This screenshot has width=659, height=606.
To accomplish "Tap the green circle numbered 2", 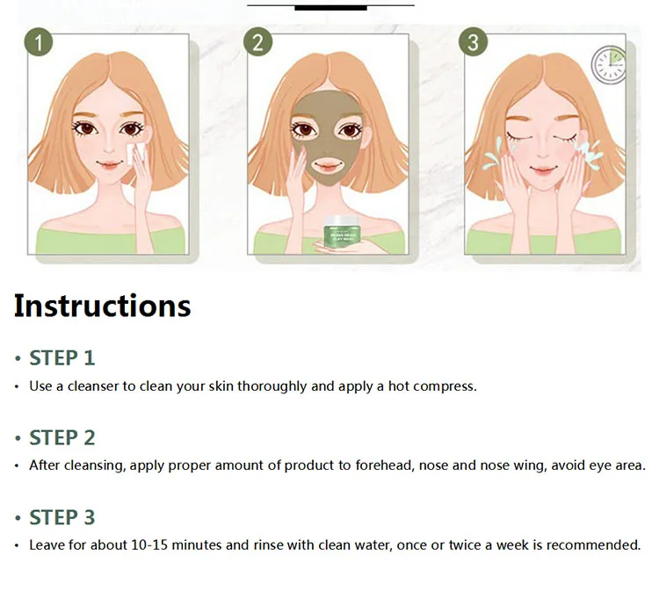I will tap(258, 41).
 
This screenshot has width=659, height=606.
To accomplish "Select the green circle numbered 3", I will tap(474, 41).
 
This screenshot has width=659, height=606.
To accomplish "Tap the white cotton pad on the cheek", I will tap(134, 154).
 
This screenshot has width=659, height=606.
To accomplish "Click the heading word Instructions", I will tap(102, 306).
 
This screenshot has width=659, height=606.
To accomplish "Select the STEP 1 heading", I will tap(62, 357).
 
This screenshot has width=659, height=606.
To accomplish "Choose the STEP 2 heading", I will tap(62, 437).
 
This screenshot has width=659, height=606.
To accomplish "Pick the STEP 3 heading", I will tap(62, 517).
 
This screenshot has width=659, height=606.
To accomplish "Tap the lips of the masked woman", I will tap(326, 164).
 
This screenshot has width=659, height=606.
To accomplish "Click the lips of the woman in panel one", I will tap(107, 164).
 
